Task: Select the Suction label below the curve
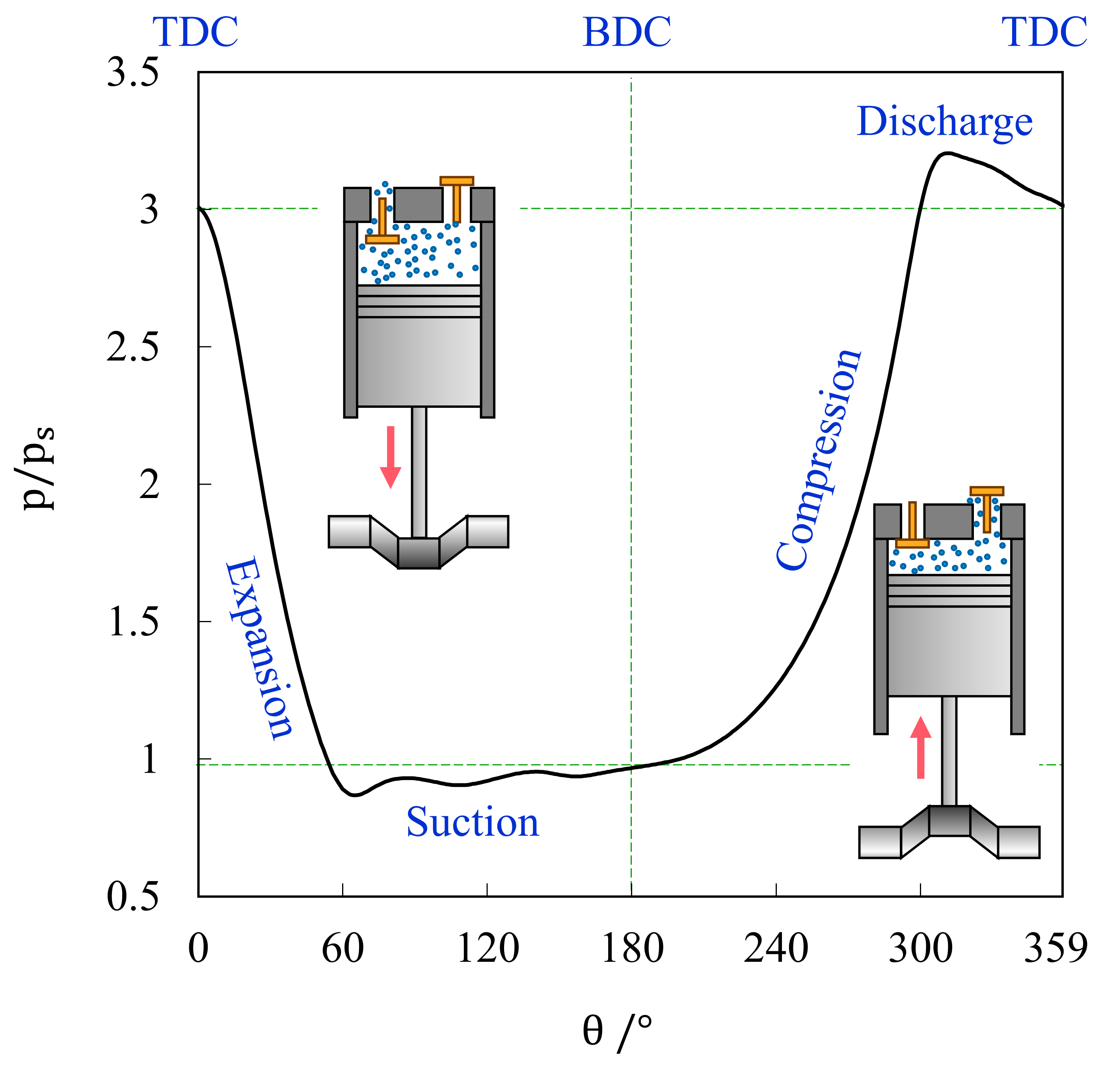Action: [x=472, y=822]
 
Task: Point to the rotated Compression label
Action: [x=819, y=460]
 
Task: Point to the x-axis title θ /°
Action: [x=617, y=1030]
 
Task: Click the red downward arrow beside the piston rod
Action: [x=391, y=456]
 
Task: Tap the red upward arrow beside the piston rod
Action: [x=920, y=748]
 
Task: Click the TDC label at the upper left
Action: [x=195, y=33]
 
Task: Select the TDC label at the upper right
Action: [x=1044, y=33]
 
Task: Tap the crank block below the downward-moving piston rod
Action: [x=419, y=553]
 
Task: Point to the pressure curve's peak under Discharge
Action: [x=948, y=153]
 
